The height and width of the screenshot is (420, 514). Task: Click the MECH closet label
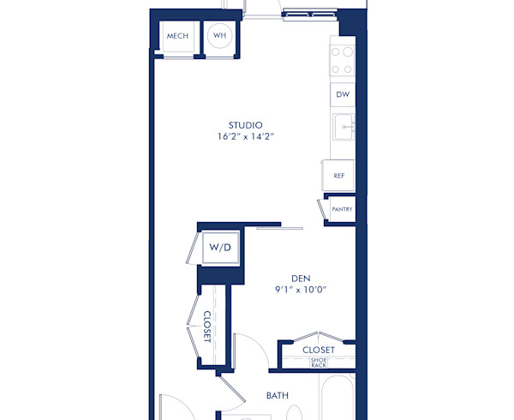177,36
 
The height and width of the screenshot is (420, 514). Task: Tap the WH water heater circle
220,36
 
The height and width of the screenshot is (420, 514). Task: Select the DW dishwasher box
343,94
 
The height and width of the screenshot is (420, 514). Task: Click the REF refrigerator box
339,175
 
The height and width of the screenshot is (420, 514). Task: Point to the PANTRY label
342,209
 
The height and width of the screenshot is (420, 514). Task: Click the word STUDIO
245,124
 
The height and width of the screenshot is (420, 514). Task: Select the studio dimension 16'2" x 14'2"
245,136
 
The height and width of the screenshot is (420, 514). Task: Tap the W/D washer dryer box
220,247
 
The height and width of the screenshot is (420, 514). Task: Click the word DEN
300,278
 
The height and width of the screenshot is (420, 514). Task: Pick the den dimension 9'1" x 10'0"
300,290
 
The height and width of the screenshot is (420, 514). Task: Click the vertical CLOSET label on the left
207,326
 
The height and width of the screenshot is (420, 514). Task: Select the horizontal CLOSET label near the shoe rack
319,350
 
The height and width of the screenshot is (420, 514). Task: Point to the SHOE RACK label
319,363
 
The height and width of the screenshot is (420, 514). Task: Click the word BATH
277,395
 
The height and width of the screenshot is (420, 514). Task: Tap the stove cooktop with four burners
343,60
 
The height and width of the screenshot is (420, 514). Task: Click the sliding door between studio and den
279,226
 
